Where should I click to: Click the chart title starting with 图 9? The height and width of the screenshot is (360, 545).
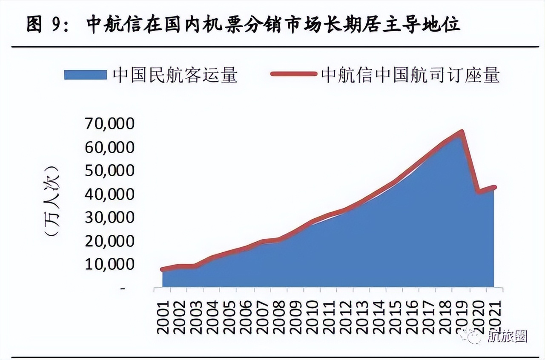tap(243, 25)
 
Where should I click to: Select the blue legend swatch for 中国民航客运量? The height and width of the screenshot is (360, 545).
tap(85, 75)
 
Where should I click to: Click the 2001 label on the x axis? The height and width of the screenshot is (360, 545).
tap(162, 317)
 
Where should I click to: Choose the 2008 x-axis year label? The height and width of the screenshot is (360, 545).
tap(278, 317)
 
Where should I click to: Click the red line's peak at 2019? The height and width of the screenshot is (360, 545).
tap(461, 131)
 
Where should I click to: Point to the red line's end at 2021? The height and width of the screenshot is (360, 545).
tap(494, 187)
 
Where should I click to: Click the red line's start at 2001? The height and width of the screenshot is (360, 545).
tap(162, 269)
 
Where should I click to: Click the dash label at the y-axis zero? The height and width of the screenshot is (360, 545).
tap(123, 289)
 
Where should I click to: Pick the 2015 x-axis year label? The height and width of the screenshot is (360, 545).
tap(395, 317)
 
